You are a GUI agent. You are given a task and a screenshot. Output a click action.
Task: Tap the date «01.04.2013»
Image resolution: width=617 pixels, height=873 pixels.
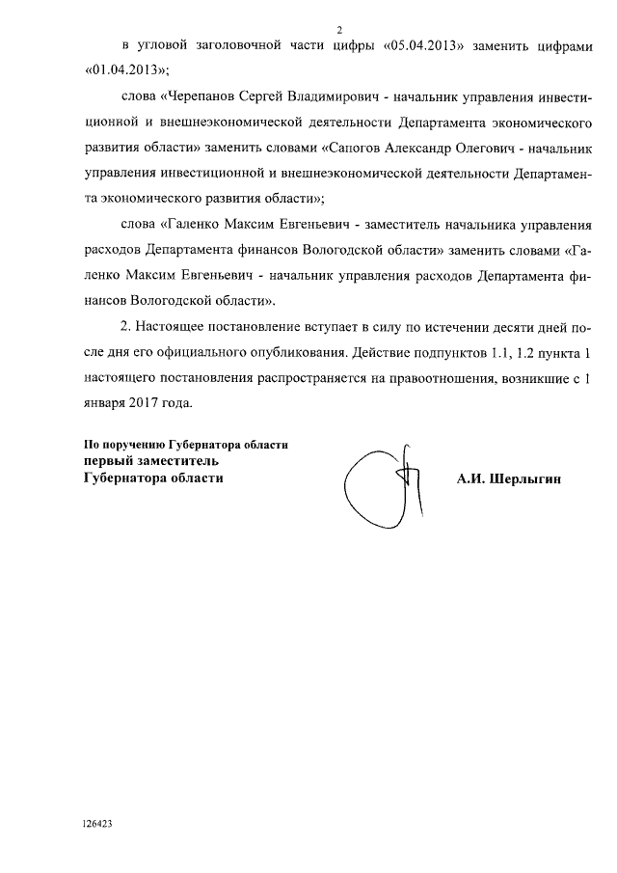125,70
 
